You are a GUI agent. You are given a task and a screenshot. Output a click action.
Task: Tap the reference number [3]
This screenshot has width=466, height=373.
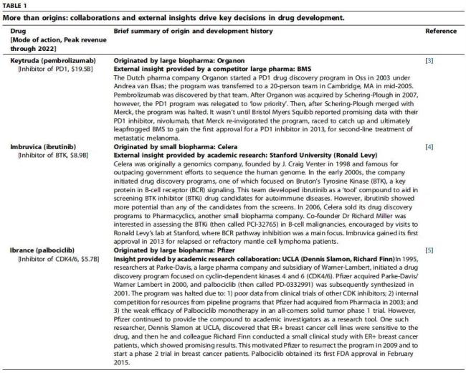click(429, 62)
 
